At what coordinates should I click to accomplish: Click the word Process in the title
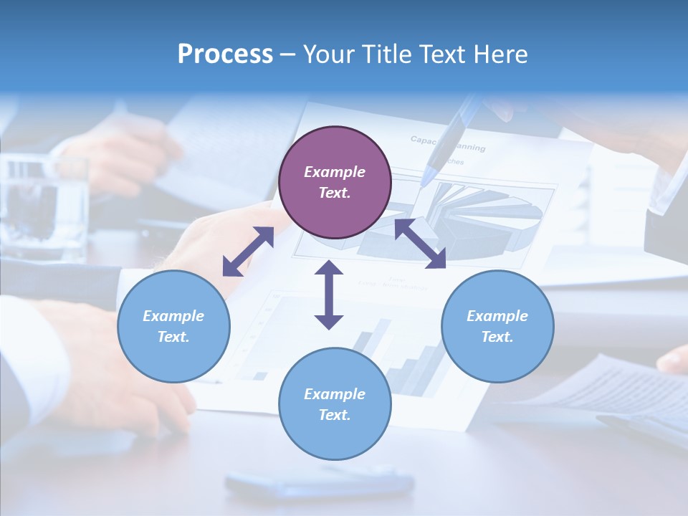225,54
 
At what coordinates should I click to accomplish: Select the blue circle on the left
173,326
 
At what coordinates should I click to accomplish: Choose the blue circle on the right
497,326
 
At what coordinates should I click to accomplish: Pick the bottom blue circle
335,404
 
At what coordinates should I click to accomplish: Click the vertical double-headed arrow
329,295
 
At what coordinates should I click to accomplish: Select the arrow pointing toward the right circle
420,244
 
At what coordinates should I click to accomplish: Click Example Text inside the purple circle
335,182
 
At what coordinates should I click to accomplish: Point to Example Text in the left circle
173,326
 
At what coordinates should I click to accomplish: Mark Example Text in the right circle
497,326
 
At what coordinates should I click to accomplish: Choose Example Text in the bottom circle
335,404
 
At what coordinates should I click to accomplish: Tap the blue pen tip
429,175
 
